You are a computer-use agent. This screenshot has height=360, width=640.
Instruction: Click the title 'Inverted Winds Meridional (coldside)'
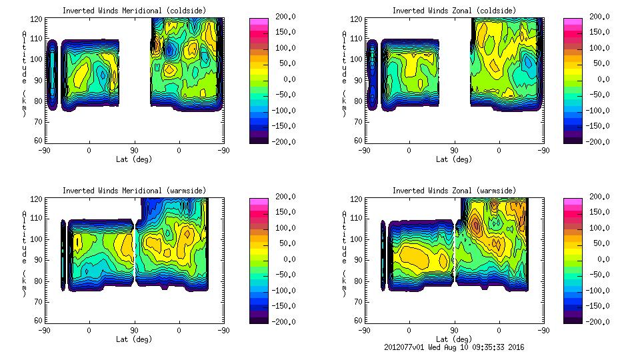(x=134, y=11)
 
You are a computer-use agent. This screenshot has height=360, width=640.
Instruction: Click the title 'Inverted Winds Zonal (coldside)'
(x=454, y=11)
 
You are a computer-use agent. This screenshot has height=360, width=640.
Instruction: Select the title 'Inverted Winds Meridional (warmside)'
(x=134, y=191)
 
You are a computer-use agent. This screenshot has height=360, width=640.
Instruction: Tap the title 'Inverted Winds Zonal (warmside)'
(x=454, y=191)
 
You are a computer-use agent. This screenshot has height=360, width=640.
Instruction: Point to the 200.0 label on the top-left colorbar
(x=285, y=17)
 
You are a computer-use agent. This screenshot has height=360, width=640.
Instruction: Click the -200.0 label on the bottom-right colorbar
(x=599, y=322)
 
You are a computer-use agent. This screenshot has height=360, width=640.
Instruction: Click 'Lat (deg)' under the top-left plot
(x=134, y=159)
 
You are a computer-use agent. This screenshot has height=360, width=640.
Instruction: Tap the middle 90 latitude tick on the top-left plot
(x=134, y=151)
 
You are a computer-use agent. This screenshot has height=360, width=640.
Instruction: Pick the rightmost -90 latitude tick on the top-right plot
(x=543, y=151)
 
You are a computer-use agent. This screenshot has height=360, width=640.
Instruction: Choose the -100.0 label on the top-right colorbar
(x=599, y=111)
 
